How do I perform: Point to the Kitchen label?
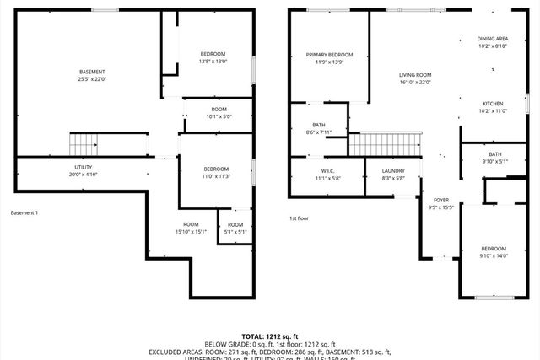coord(494,106)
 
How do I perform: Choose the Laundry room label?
coord(382,175)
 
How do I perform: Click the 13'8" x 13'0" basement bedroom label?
coord(213,56)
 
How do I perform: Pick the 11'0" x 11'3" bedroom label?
coord(215,172)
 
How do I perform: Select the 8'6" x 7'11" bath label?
coord(318,128)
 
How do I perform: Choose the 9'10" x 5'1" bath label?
coord(494,158)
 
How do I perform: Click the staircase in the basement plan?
coord(84,145)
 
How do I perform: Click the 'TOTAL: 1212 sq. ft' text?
coord(270,336)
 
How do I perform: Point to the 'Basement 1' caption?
coord(24,212)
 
